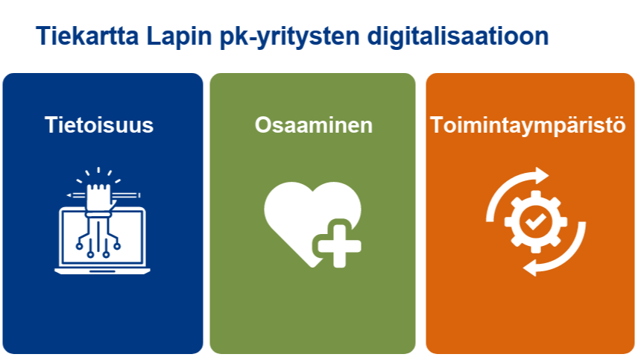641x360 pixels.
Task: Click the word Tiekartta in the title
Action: pyautogui.click(x=87, y=36)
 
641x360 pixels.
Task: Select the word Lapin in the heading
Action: pyautogui.click(x=179, y=37)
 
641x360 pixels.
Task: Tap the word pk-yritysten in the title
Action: pyautogui.click(x=289, y=37)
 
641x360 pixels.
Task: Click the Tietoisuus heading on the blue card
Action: pyautogui.click(x=99, y=124)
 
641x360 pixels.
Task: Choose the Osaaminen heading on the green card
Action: pyautogui.click(x=314, y=125)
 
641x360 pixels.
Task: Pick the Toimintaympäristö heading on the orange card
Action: pyautogui.click(x=528, y=125)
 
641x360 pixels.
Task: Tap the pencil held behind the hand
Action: pyautogui.click(x=104, y=195)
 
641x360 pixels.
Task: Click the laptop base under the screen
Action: pyautogui.click(x=102, y=271)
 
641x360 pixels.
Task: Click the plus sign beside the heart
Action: pyautogui.click(x=339, y=246)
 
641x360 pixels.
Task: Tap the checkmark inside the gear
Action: pyautogui.click(x=535, y=221)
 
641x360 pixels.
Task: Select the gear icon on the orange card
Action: pyautogui.click(x=535, y=221)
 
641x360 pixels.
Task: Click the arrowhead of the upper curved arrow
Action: pyautogui.click(x=542, y=176)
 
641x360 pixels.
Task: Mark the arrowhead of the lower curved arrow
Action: pyautogui.click(x=530, y=268)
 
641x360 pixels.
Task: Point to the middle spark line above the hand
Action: pyautogui.click(x=98, y=171)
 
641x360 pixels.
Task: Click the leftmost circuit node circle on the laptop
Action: pyautogui.click(x=79, y=246)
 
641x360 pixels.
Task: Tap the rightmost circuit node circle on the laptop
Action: pyautogui.click(x=117, y=246)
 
